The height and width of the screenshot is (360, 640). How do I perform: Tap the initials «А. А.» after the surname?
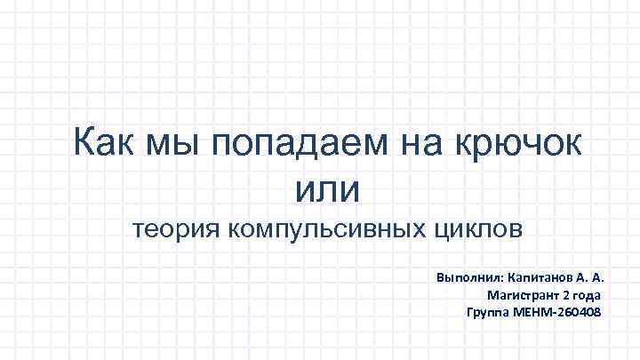[x=601, y=277]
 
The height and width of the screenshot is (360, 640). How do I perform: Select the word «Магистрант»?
[x=521, y=295]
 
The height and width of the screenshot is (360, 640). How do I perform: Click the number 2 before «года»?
[x=564, y=295]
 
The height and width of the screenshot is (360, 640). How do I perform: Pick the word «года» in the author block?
[x=587, y=295]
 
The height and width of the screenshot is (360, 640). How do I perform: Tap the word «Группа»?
[x=487, y=313]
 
